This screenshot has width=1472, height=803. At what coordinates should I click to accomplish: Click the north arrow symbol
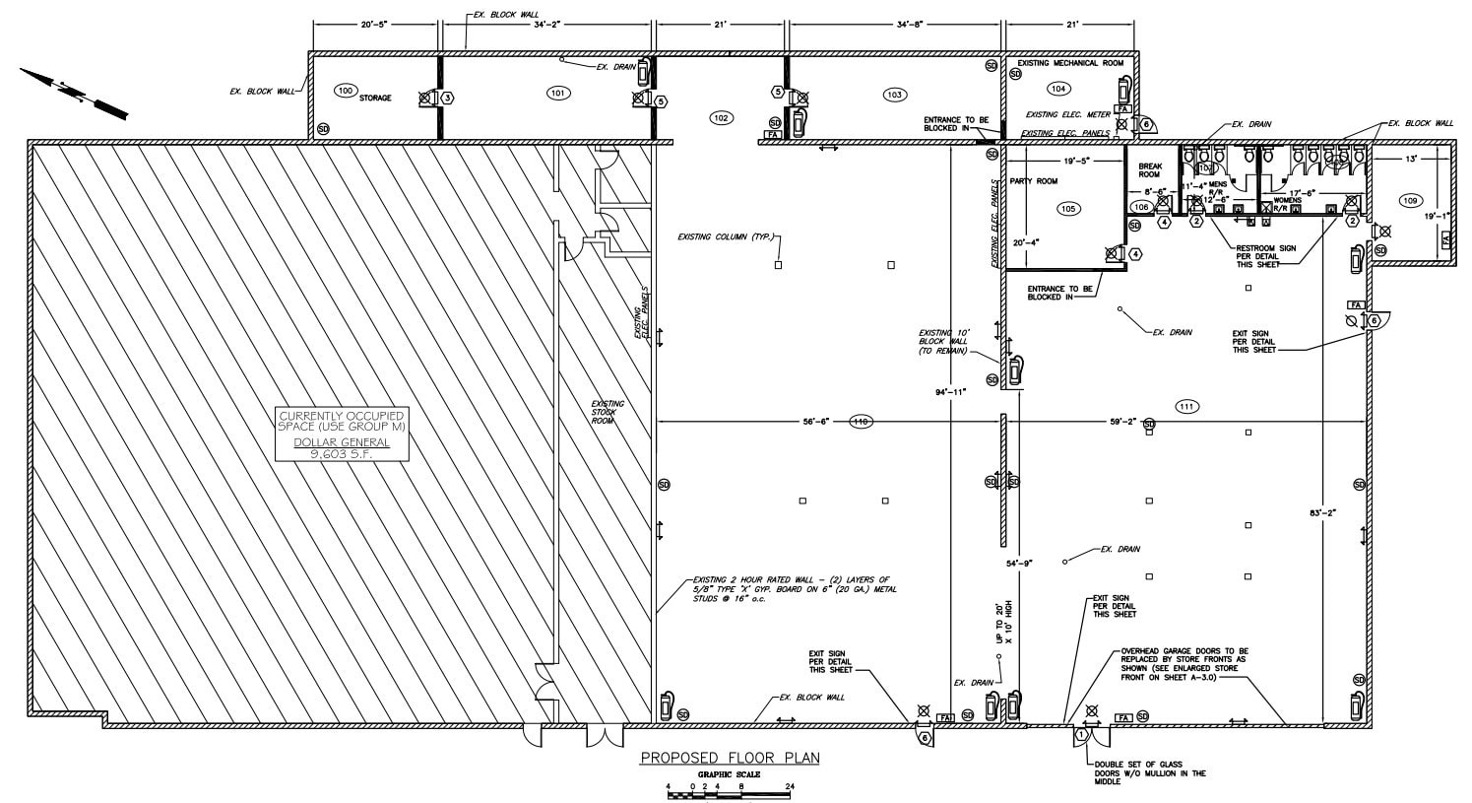click(74, 92)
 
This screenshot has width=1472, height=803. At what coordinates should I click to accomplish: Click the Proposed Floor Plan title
click(730, 758)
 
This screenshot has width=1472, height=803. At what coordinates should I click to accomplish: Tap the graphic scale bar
click(730, 793)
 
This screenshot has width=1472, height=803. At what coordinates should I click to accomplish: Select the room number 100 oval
click(345, 91)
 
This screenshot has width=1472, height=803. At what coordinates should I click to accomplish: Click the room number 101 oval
click(557, 93)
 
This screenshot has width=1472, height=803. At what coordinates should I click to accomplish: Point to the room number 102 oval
click(721, 117)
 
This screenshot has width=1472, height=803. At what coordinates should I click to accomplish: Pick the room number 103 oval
click(894, 95)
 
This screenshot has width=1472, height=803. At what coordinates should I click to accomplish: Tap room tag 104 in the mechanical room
click(1057, 89)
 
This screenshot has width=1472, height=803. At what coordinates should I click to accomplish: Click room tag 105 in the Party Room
click(1068, 208)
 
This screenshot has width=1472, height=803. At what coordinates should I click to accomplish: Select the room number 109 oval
click(1410, 200)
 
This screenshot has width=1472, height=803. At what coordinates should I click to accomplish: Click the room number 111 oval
click(1185, 406)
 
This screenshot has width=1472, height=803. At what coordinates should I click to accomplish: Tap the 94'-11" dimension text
click(952, 392)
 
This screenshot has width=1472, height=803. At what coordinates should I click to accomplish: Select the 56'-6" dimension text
click(815, 422)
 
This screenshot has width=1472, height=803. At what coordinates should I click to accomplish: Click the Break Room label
click(1150, 170)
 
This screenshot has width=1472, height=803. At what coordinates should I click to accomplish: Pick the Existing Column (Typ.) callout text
click(727, 237)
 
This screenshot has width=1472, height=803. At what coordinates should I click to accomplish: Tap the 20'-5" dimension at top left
click(376, 24)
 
